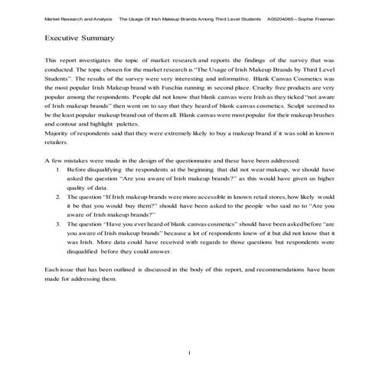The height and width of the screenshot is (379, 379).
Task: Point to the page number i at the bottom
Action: [189, 351]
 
